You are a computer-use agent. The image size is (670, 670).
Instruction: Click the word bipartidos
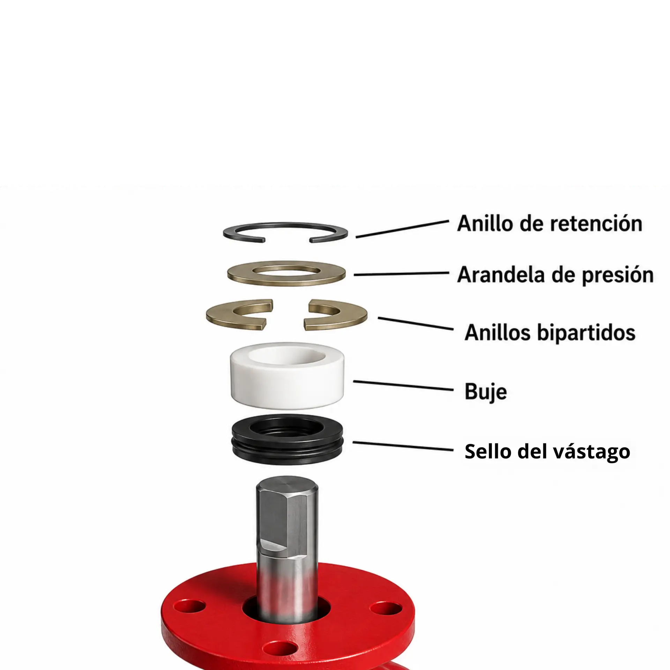pyautogui.click(x=586, y=333)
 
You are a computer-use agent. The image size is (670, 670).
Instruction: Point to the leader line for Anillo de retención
pyautogui.click(x=402, y=229)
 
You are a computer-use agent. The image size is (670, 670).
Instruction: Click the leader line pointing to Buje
pyautogui.click(x=403, y=385)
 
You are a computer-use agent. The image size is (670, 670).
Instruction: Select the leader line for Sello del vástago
pyautogui.click(x=403, y=446)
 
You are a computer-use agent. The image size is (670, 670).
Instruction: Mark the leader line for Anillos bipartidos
pyautogui.click(x=416, y=323)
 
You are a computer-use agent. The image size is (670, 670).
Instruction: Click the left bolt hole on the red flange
pyautogui.click(x=189, y=606)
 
